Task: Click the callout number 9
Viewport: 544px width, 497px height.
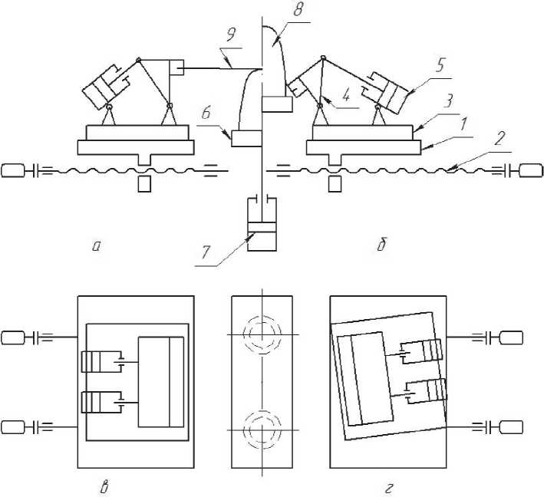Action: click(x=232, y=35)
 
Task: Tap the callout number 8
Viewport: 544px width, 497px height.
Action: click(x=298, y=9)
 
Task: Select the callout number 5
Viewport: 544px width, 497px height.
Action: click(x=440, y=65)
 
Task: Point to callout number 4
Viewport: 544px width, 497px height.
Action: click(x=346, y=95)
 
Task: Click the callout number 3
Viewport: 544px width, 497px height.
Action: click(x=448, y=102)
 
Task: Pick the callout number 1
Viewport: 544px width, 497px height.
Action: click(x=463, y=124)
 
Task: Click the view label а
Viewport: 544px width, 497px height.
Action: click(x=96, y=246)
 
